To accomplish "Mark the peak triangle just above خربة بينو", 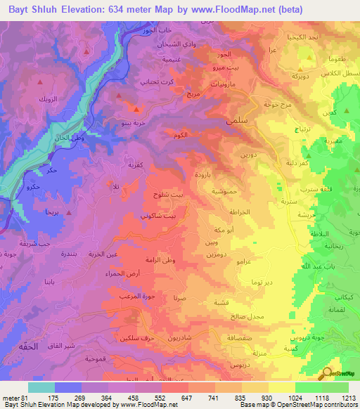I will [136, 109].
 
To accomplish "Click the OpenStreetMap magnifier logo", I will [326, 373].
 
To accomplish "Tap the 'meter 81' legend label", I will [15, 397].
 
